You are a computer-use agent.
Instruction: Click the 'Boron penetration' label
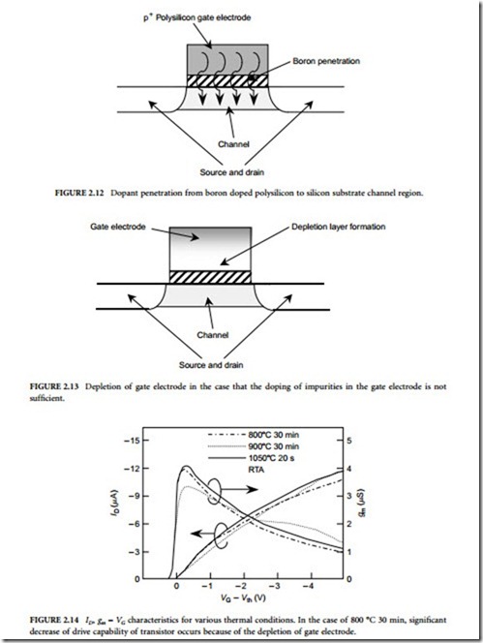pos(326,61)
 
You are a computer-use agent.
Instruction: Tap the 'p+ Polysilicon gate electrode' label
pos(196,17)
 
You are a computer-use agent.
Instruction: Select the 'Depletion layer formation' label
pos(338,227)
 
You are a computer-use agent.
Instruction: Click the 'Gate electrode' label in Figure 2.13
pos(118,227)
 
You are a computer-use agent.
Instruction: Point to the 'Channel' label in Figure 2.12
pos(233,144)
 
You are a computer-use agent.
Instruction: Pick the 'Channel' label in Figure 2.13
pos(212,335)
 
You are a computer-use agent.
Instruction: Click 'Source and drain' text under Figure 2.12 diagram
pos(231,172)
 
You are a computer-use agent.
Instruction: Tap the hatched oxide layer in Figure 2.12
pos(227,80)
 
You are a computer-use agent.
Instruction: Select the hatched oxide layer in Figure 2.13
pos(210,277)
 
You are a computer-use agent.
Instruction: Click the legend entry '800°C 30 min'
pos(274,435)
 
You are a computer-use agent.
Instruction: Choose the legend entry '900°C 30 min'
pos(274,446)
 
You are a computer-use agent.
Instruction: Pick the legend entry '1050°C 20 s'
pos(271,458)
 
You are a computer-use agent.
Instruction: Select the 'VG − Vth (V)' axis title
pos(243,598)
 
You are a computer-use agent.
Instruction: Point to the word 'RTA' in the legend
pos(257,470)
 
